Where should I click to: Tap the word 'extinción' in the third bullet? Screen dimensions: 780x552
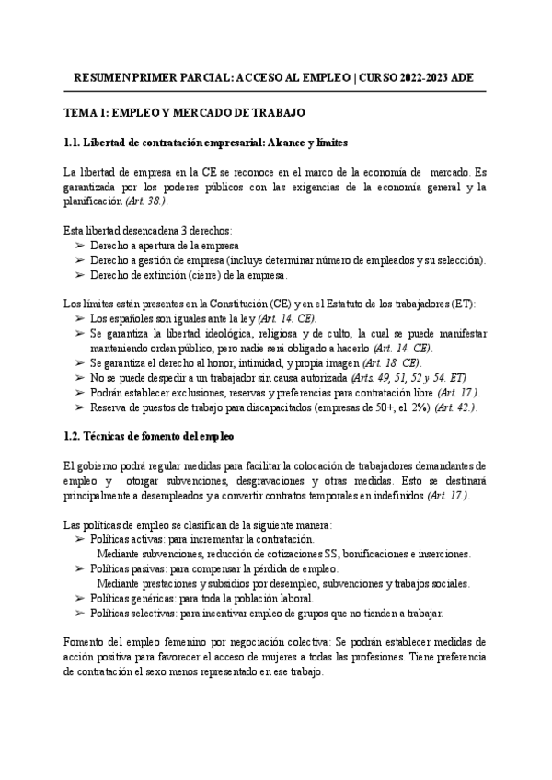(x=171, y=275)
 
